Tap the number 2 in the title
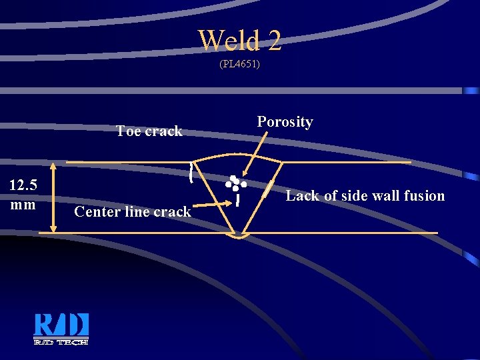click(x=274, y=41)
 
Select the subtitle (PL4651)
click(x=239, y=65)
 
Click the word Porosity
click(x=285, y=122)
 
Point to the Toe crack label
click(x=149, y=131)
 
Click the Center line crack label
click(x=133, y=212)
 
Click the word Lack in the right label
click(x=303, y=196)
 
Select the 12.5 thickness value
click(x=23, y=185)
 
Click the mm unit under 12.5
click(x=23, y=204)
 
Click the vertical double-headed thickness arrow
click(x=53, y=198)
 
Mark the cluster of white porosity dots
click(x=235, y=183)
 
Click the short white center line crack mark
click(x=238, y=199)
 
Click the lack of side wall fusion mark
click(x=269, y=189)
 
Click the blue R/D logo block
click(x=61, y=325)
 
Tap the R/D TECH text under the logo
click(x=61, y=341)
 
